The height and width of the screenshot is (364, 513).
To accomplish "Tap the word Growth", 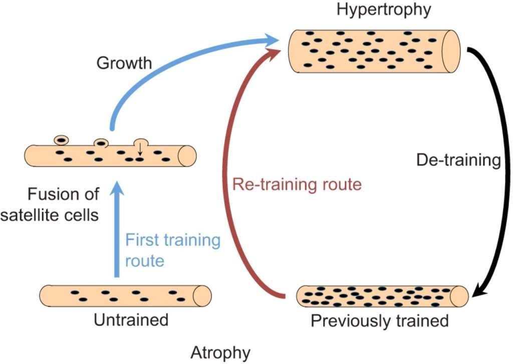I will tap(124, 63).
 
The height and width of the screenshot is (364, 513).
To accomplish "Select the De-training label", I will tap(458, 160).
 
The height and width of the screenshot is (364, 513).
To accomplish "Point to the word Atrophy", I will tap(220, 352).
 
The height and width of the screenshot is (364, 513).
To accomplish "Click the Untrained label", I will tap(131, 319).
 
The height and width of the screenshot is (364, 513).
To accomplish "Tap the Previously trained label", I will tap(380, 320).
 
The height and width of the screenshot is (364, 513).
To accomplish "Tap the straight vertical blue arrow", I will tap(116, 230).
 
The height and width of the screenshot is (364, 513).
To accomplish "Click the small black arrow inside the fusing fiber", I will tap(141, 149).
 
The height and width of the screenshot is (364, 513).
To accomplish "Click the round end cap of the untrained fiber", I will tap(202, 295).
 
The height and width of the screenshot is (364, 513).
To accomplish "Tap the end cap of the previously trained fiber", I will tap(459, 296).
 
